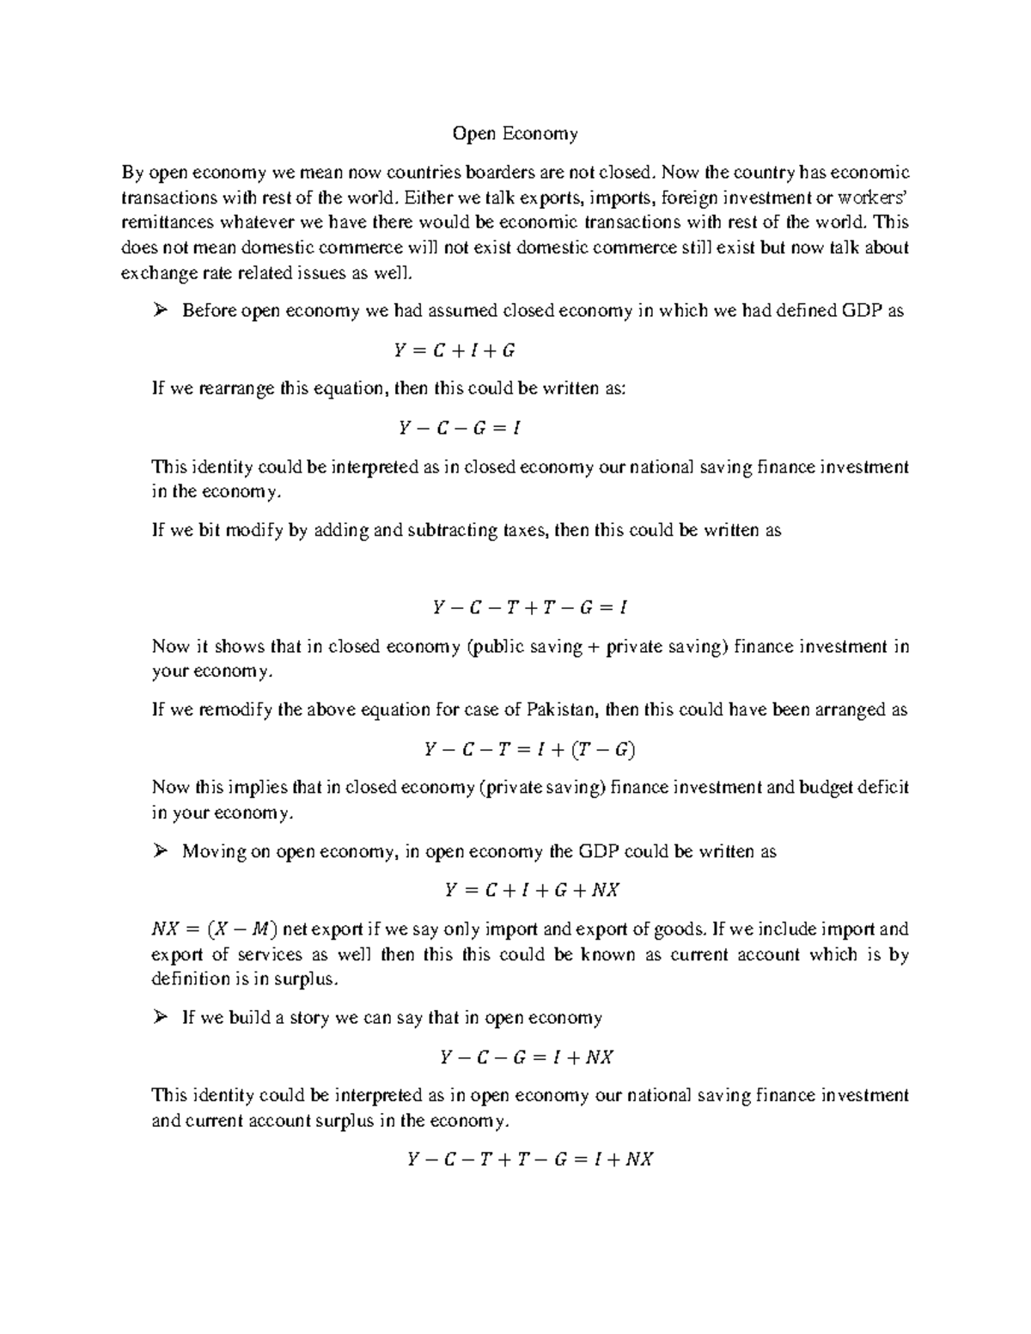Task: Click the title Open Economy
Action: coord(515,133)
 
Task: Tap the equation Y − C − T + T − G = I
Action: coord(530,608)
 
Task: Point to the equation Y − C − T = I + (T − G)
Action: coord(529,750)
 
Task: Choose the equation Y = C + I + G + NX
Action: coord(532,891)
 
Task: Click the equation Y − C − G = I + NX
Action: coord(526,1057)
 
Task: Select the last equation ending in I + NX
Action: coord(529,1160)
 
